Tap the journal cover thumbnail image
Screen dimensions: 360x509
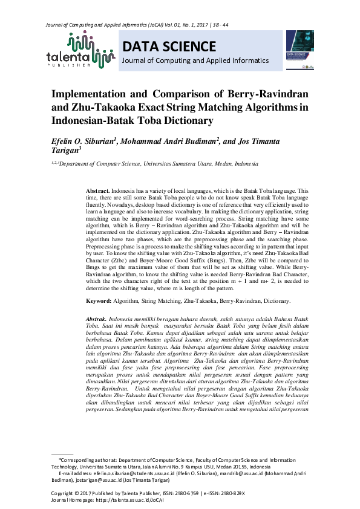(299, 50)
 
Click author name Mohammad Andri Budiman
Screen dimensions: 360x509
(168, 143)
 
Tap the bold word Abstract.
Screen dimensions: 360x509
(97, 190)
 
